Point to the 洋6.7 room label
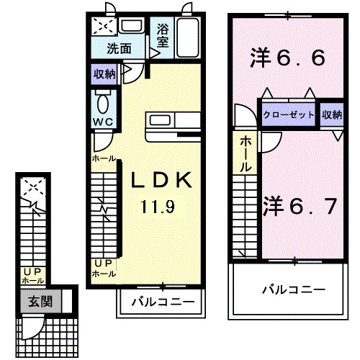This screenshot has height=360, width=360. click(x=300, y=207)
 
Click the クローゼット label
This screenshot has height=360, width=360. click(x=288, y=115)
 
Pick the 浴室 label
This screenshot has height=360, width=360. click(x=163, y=36)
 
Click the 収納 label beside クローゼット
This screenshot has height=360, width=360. click(x=332, y=115)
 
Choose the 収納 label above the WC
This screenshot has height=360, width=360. click(x=104, y=73)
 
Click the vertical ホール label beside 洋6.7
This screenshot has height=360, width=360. click(x=246, y=153)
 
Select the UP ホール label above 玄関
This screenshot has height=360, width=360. click(x=33, y=275)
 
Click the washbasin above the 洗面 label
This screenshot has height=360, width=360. click(x=132, y=27)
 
